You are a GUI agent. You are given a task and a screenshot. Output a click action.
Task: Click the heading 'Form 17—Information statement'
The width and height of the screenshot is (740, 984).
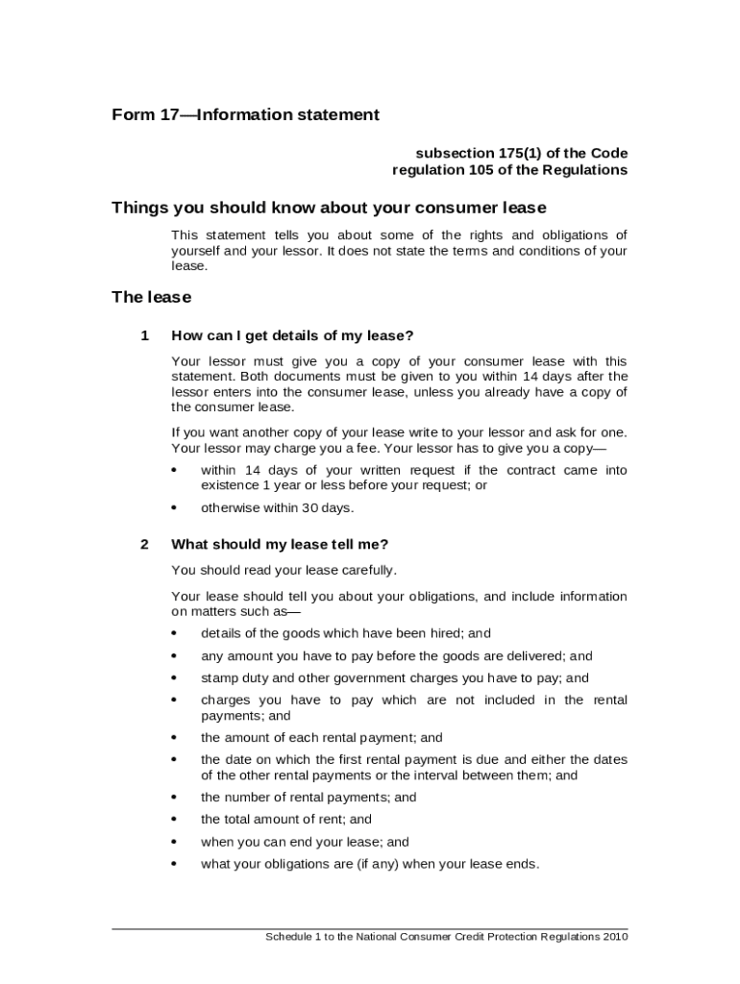[245, 115]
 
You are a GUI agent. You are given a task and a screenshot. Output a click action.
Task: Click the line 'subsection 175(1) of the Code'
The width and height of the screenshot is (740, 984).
[521, 153]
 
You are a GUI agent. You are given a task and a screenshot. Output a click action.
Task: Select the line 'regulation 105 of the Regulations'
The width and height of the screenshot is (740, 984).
[509, 170]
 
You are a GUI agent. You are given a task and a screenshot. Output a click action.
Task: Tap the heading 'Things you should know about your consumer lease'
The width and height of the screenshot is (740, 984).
[329, 208]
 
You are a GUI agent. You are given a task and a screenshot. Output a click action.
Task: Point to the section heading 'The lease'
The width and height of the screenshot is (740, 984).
[151, 297]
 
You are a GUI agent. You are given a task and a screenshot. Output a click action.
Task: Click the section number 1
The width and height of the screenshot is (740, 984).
[144, 335]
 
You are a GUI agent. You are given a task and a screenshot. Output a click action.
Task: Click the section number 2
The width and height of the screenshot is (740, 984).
[144, 544]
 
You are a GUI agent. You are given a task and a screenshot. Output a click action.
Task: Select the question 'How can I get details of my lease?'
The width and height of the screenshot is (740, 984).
[292, 335]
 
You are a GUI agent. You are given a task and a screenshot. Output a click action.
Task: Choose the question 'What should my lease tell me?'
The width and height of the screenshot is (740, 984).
[280, 544]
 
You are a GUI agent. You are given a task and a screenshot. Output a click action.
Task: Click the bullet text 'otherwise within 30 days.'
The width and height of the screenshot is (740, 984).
[277, 508]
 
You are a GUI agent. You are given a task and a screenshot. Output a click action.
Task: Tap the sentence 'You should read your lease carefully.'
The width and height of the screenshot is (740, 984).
[284, 570]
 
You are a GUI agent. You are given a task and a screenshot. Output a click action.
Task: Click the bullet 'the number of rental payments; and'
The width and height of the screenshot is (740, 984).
[308, 798]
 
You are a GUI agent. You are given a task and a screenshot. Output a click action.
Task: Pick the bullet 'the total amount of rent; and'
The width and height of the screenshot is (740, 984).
[285, 820]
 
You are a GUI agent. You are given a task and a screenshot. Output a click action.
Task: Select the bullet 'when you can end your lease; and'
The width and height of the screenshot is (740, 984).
[305, 842]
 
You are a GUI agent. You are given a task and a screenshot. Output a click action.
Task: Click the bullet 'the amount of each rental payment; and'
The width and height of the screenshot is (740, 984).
[321, 738]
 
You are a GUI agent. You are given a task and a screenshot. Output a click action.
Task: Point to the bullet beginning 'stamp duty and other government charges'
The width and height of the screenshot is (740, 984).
[394, 678]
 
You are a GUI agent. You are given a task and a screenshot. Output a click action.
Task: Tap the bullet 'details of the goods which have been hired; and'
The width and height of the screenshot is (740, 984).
[345, 633]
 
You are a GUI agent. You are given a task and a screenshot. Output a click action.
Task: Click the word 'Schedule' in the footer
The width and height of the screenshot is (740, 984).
[288, 937]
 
